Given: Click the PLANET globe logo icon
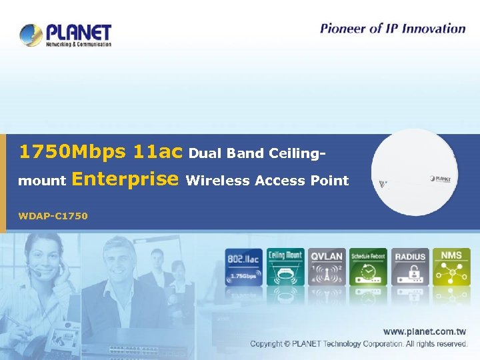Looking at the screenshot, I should [31, 35].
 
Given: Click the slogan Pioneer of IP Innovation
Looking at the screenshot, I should [392, 28].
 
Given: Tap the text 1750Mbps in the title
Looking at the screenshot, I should [72, 152].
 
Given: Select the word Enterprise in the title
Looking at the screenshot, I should [125, 179].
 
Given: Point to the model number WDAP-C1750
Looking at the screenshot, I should [53, 215].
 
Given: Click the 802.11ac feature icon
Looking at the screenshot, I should [243, 267].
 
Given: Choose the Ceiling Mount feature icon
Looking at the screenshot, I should [285, 267].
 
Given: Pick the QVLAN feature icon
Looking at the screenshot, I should [327, 267].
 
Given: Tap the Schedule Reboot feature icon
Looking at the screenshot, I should [369, 267].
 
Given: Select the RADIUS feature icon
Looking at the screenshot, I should [410, 267].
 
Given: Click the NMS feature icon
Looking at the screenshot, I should [451, 267].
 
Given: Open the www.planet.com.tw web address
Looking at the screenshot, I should [424, 331].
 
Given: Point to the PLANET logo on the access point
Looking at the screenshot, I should [441, 179].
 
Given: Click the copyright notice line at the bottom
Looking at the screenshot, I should [359, 344].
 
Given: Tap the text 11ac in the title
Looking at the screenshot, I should [157, 152].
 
